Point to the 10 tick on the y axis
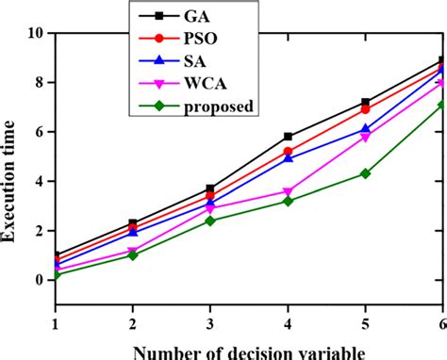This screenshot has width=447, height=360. [x=35, y=33]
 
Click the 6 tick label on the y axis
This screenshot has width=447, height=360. [x=39, y=132]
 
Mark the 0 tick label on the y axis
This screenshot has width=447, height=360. [x=39, y=280]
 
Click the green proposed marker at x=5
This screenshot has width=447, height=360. [x=365, y=173]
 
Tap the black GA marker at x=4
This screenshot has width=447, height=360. [x=288, y=137]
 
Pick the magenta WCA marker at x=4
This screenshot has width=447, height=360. [x=288, y=191]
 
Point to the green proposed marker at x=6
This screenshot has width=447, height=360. [x=441, y=105]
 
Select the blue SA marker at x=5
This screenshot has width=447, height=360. [x=365, y=130]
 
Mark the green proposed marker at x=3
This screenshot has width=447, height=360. [x=210, y=221]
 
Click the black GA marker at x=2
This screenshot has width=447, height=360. [x=133, y=223]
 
